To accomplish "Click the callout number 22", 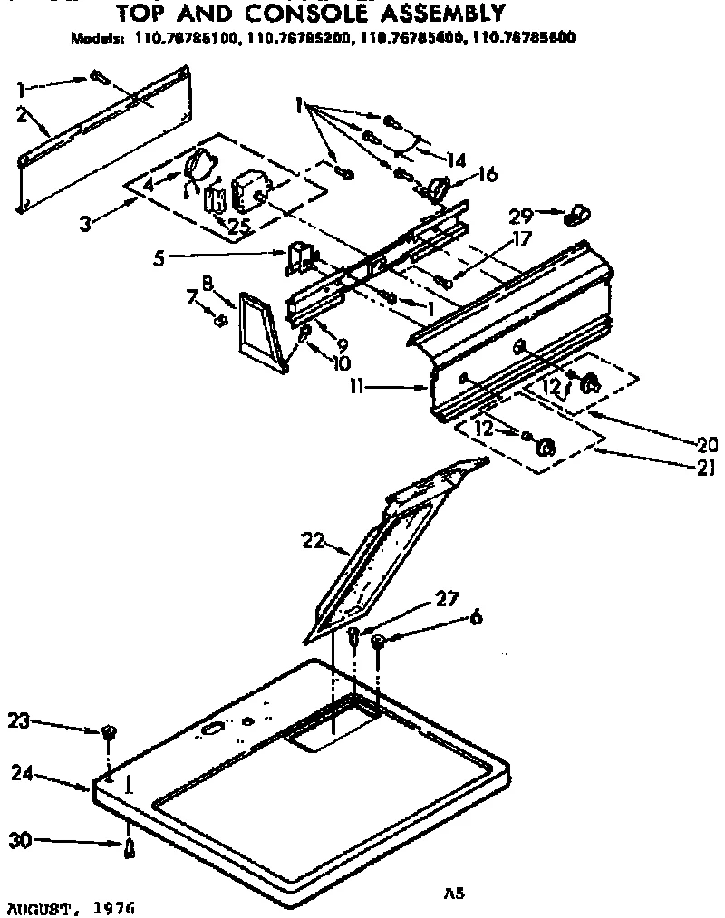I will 311,540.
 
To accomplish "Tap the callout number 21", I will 706,468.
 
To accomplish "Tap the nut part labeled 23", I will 108,730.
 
